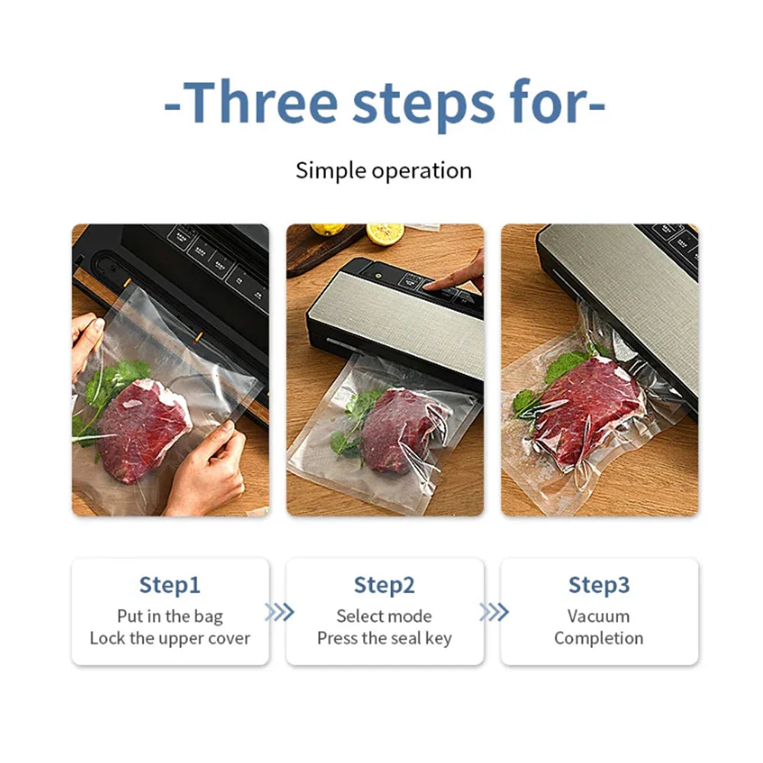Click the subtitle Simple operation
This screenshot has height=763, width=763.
(384, 170)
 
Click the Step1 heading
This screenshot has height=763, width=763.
(169, 585)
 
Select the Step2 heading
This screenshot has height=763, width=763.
(384, 585)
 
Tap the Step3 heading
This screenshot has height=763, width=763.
(599, 585)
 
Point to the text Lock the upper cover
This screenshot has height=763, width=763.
(169, 638)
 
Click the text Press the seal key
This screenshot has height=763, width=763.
(384, 638)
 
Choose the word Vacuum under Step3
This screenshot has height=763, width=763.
(599, 616)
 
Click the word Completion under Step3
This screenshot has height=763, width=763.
(599, 638)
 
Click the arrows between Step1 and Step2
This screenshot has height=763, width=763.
(278, 612)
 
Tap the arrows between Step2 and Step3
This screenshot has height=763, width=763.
(493, 612)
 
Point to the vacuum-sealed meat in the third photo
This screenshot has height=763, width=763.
(588, 408)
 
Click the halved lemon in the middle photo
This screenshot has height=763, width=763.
(385, 233)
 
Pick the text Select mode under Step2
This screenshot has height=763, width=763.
(384, 616)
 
